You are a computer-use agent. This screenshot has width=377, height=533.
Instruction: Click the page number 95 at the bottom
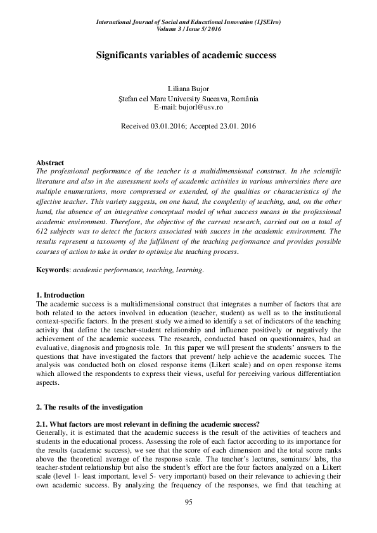pyautogui.click(x=188, y=502)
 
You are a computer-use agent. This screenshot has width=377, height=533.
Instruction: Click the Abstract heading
pyautogui.click(x=50, y=163)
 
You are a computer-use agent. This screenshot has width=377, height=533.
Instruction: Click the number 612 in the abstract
pyautogui.click(x=44, y=231)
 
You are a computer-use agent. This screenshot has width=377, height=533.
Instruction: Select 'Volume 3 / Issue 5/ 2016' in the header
pyautogui.click(x=188, y=29)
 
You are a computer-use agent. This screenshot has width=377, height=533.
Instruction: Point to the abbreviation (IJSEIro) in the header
pyautogui.click(x=264, y=22)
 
